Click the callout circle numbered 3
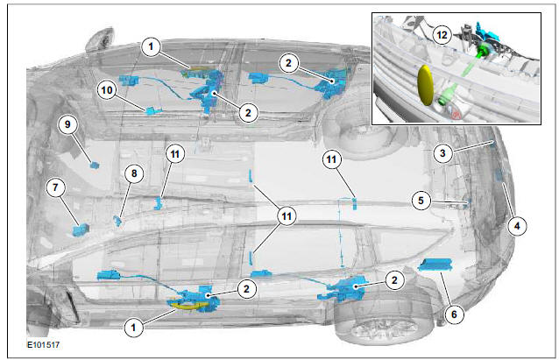(x=442, y=153)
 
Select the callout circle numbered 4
(x=517, y=226)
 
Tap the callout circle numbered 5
(x=421, y=201)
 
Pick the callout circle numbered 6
(x=454, y=314)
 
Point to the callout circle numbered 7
(x=55, y=187)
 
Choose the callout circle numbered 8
(x=134, y=173)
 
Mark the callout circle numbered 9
(x=67, y=124)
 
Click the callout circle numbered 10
(x=107, y=90)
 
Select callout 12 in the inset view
(x=442, y=35)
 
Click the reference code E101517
(x=44, y=345)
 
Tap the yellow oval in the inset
(x=425, y=85)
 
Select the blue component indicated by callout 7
(x=81, y=229)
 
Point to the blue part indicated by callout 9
(x=95, y=165)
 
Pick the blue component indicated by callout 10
(x=153, y=111)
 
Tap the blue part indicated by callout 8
(x=117, y=220)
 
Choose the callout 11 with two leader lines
(x=287, y=216)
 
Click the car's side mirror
(x=99, y=41)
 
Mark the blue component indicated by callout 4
(x=499, y=174)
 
